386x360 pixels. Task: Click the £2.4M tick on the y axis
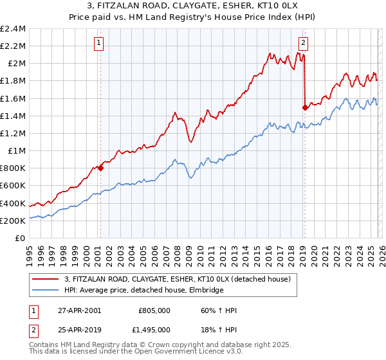(13, 29)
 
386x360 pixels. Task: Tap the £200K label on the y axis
(13, 221)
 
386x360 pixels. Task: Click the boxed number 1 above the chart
(100, 43)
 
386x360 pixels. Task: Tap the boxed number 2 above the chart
(303, 43)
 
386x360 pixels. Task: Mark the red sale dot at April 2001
(100, 168)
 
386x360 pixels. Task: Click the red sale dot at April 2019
(304, 107)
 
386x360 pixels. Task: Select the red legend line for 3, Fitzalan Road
(46, 280)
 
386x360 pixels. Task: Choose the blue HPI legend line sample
(46, 291)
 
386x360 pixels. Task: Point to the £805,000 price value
(154, 310)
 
